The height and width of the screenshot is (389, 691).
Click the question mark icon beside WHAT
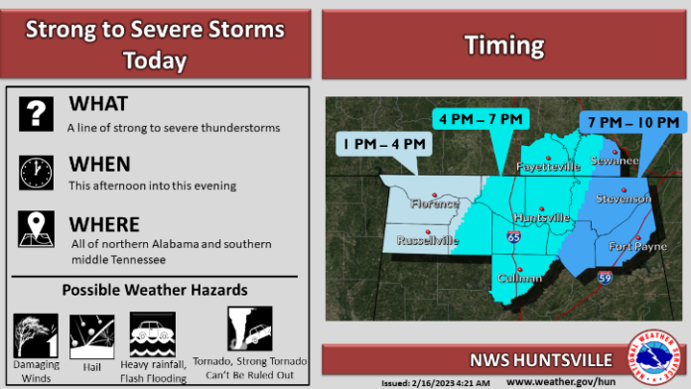[x=36, y=113]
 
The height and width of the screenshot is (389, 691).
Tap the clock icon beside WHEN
[x=36, y=172]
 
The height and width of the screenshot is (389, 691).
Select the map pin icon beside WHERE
[x=36, y=229]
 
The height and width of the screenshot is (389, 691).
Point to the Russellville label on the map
[x=428, y=240]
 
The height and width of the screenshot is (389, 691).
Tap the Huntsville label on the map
[x=542, y=216]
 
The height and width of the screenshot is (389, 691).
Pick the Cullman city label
[x=520, y=278]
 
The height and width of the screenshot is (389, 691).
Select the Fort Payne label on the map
[x=629, y=245]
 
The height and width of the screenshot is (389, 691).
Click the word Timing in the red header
[x=504, y=45]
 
